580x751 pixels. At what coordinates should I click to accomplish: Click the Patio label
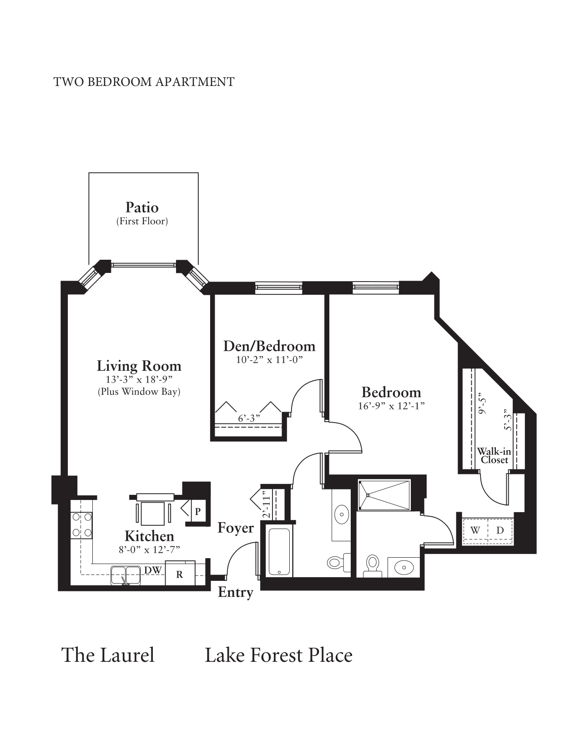pos(142,208)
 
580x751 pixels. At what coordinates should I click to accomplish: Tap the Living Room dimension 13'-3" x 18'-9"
pos(139,380)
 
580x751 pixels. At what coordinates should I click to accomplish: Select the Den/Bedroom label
pos(269,346)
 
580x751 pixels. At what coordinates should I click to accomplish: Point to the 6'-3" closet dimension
pos(249,418)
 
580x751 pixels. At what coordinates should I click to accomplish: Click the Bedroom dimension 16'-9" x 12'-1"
pos(391,406)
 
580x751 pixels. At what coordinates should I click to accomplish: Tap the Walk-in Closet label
pos(494,456)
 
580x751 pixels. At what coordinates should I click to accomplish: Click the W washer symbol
pos(475,530)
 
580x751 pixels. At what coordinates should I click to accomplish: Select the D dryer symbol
pos(500,530)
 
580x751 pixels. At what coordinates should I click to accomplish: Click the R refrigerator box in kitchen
pos(180,574)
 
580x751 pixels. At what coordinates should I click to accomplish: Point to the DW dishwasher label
pos(153,570)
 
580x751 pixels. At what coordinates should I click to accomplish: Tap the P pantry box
pos(197,511)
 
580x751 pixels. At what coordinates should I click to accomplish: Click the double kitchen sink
pos(126,575)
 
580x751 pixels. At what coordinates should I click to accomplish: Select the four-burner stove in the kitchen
pos(82,525)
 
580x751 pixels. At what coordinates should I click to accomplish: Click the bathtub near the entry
pos(279,552)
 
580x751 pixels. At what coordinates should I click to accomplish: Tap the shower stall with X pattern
pos(384,495)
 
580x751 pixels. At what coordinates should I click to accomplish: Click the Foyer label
pos(235,528)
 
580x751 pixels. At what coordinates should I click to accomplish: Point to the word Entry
pos(235,592)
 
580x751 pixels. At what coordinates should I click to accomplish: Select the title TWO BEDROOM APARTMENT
pos(144,82)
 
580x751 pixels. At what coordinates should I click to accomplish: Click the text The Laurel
pos(108,655)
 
